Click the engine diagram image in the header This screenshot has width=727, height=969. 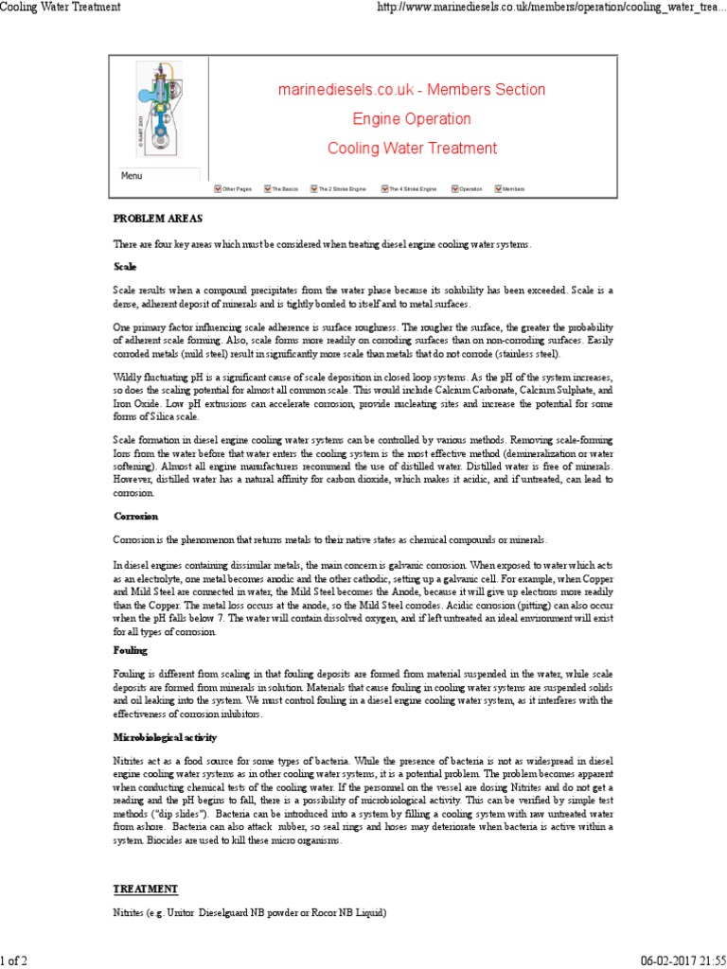(x=156, y=112)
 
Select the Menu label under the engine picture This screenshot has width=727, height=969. (x=132, y=176)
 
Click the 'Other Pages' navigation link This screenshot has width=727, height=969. (x=236, y=189)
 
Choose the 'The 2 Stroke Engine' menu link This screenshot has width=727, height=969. (x=341, y=189)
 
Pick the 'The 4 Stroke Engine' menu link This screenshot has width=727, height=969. (x=413, y=189)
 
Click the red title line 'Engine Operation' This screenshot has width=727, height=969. (x=411, y=119)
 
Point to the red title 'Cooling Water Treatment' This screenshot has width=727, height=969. (x=411, y=149)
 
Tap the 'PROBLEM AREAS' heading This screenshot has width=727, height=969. (x=151, y=219)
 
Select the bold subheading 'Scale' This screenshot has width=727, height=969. (x=125, y=267)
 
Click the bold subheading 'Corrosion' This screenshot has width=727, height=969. (x=135, y=517)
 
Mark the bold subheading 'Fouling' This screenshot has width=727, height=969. (x=132, y=651)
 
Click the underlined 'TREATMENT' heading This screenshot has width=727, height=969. (x=145, y=890)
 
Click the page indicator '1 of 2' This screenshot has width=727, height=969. (x=14, y=961)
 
